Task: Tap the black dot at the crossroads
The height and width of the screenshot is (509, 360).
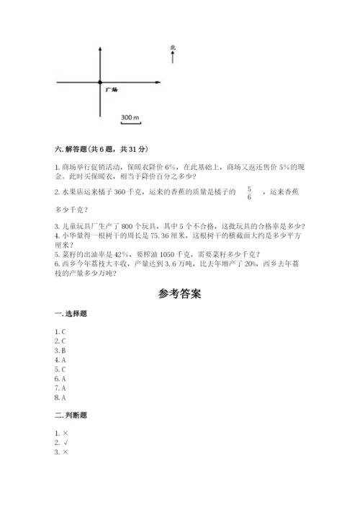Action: (x=100, y=83)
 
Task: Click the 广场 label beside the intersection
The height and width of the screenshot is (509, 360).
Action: (x=111, y=90)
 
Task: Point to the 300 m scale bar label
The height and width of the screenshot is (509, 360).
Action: (x=130, y=116)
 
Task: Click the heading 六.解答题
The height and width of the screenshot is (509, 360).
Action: (x=102, y=149)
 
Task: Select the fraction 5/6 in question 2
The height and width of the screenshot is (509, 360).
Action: (x=249, y=193)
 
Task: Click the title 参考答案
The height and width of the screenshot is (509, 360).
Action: (x=179, y=294)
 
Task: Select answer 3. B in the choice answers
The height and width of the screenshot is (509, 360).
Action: (x=60, y=350)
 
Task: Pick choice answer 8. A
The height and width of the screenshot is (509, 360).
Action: (x=60, y=397)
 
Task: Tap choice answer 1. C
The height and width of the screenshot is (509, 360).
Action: (x=60, y=331)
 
